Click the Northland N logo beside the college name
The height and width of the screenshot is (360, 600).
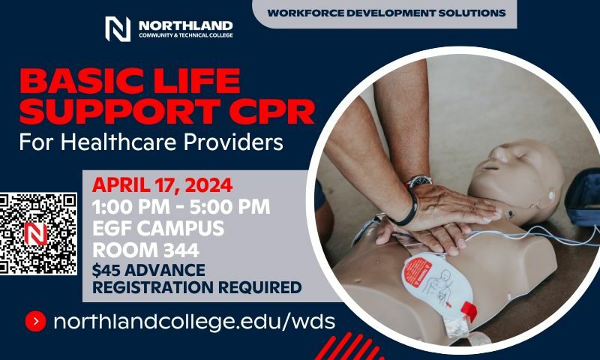coord(118,28)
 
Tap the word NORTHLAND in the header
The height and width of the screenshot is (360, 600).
coord(185,25)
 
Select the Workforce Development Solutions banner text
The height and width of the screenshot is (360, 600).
coord(386,13)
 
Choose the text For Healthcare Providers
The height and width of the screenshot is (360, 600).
coord(151,142)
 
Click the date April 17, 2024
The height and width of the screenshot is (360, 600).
coord(162,185)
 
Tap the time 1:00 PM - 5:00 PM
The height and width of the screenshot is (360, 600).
coord(181,207)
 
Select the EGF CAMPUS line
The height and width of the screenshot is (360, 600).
coord(158,229)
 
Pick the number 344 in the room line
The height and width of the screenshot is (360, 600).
coord(181,250)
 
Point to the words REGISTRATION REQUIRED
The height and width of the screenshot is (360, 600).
coord(197,287)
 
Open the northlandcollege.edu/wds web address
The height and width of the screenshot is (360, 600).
coord(194,322)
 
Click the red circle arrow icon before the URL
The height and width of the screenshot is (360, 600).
coord(35,321)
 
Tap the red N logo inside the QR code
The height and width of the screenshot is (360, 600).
coord(35,234)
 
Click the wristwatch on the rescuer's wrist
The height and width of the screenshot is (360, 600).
coord(418,181)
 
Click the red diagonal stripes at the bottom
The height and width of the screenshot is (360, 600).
coord(347,346)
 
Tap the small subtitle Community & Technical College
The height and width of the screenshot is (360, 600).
coord(185,35)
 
